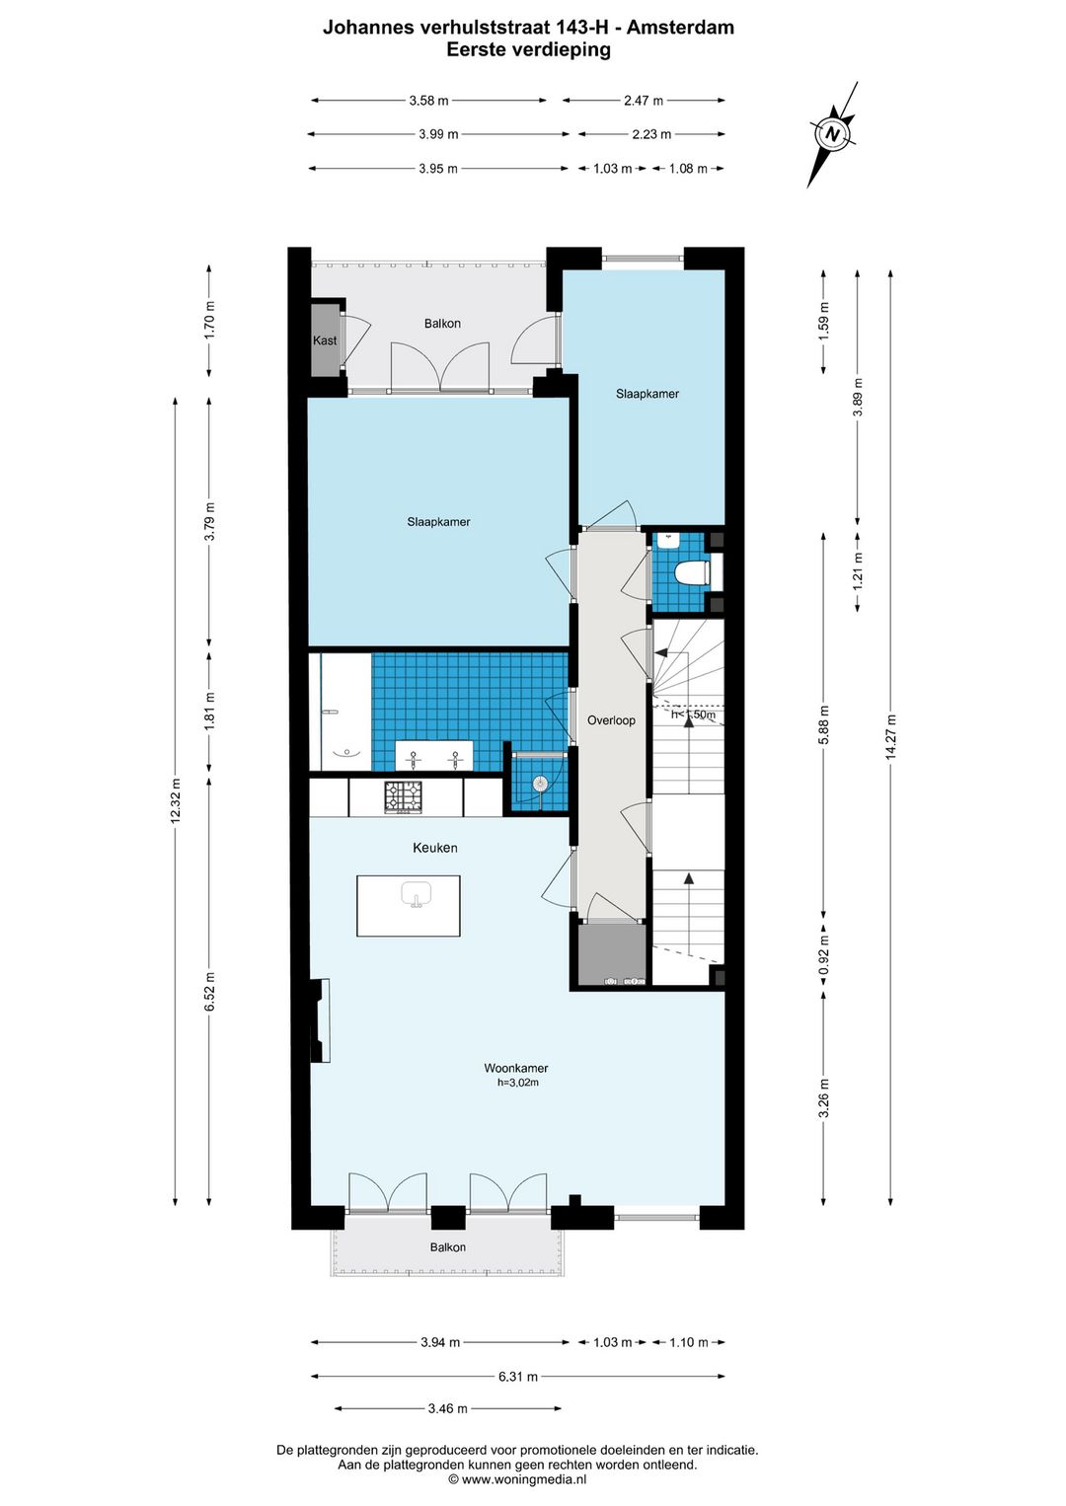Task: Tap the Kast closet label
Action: point(325,340)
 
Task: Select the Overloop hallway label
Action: point(611,720)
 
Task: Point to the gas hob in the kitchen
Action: point(403,797)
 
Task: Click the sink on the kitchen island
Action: point(417,895)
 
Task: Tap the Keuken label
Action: point(435,848)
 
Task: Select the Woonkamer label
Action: point(516,1068)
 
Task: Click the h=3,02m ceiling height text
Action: point(518,1083)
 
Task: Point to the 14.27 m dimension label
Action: point(891,736)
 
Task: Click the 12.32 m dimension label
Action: point(176,800)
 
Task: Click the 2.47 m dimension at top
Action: point(644,101)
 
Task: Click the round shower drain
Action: point(540,784)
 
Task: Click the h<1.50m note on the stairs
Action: point(694,714)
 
